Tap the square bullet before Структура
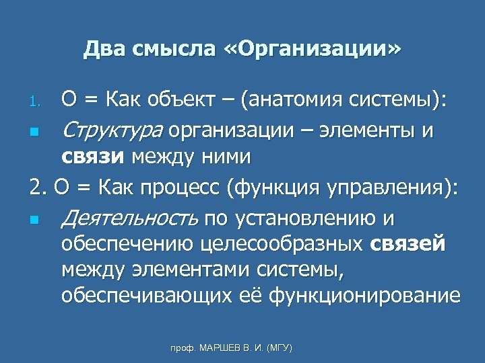(x=34, y=130)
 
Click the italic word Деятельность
(x=129, y=218)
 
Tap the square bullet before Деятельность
(x=34, y=219)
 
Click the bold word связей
(x=408, y=244)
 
